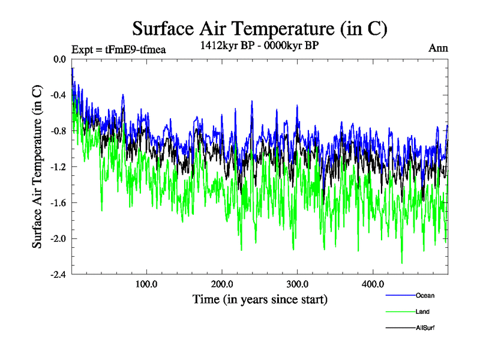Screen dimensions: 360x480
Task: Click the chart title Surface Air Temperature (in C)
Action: tap(260, 28)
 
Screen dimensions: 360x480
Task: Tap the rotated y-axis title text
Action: tap(37, 167)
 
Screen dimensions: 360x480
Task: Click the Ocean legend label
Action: tap(425, 295)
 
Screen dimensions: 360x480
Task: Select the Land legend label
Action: tap(422, 311)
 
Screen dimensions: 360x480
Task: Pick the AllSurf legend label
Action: tap(425, 328)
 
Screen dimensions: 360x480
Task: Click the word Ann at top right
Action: tap(438, 48)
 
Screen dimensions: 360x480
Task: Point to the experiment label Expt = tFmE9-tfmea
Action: tap(118, 49)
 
